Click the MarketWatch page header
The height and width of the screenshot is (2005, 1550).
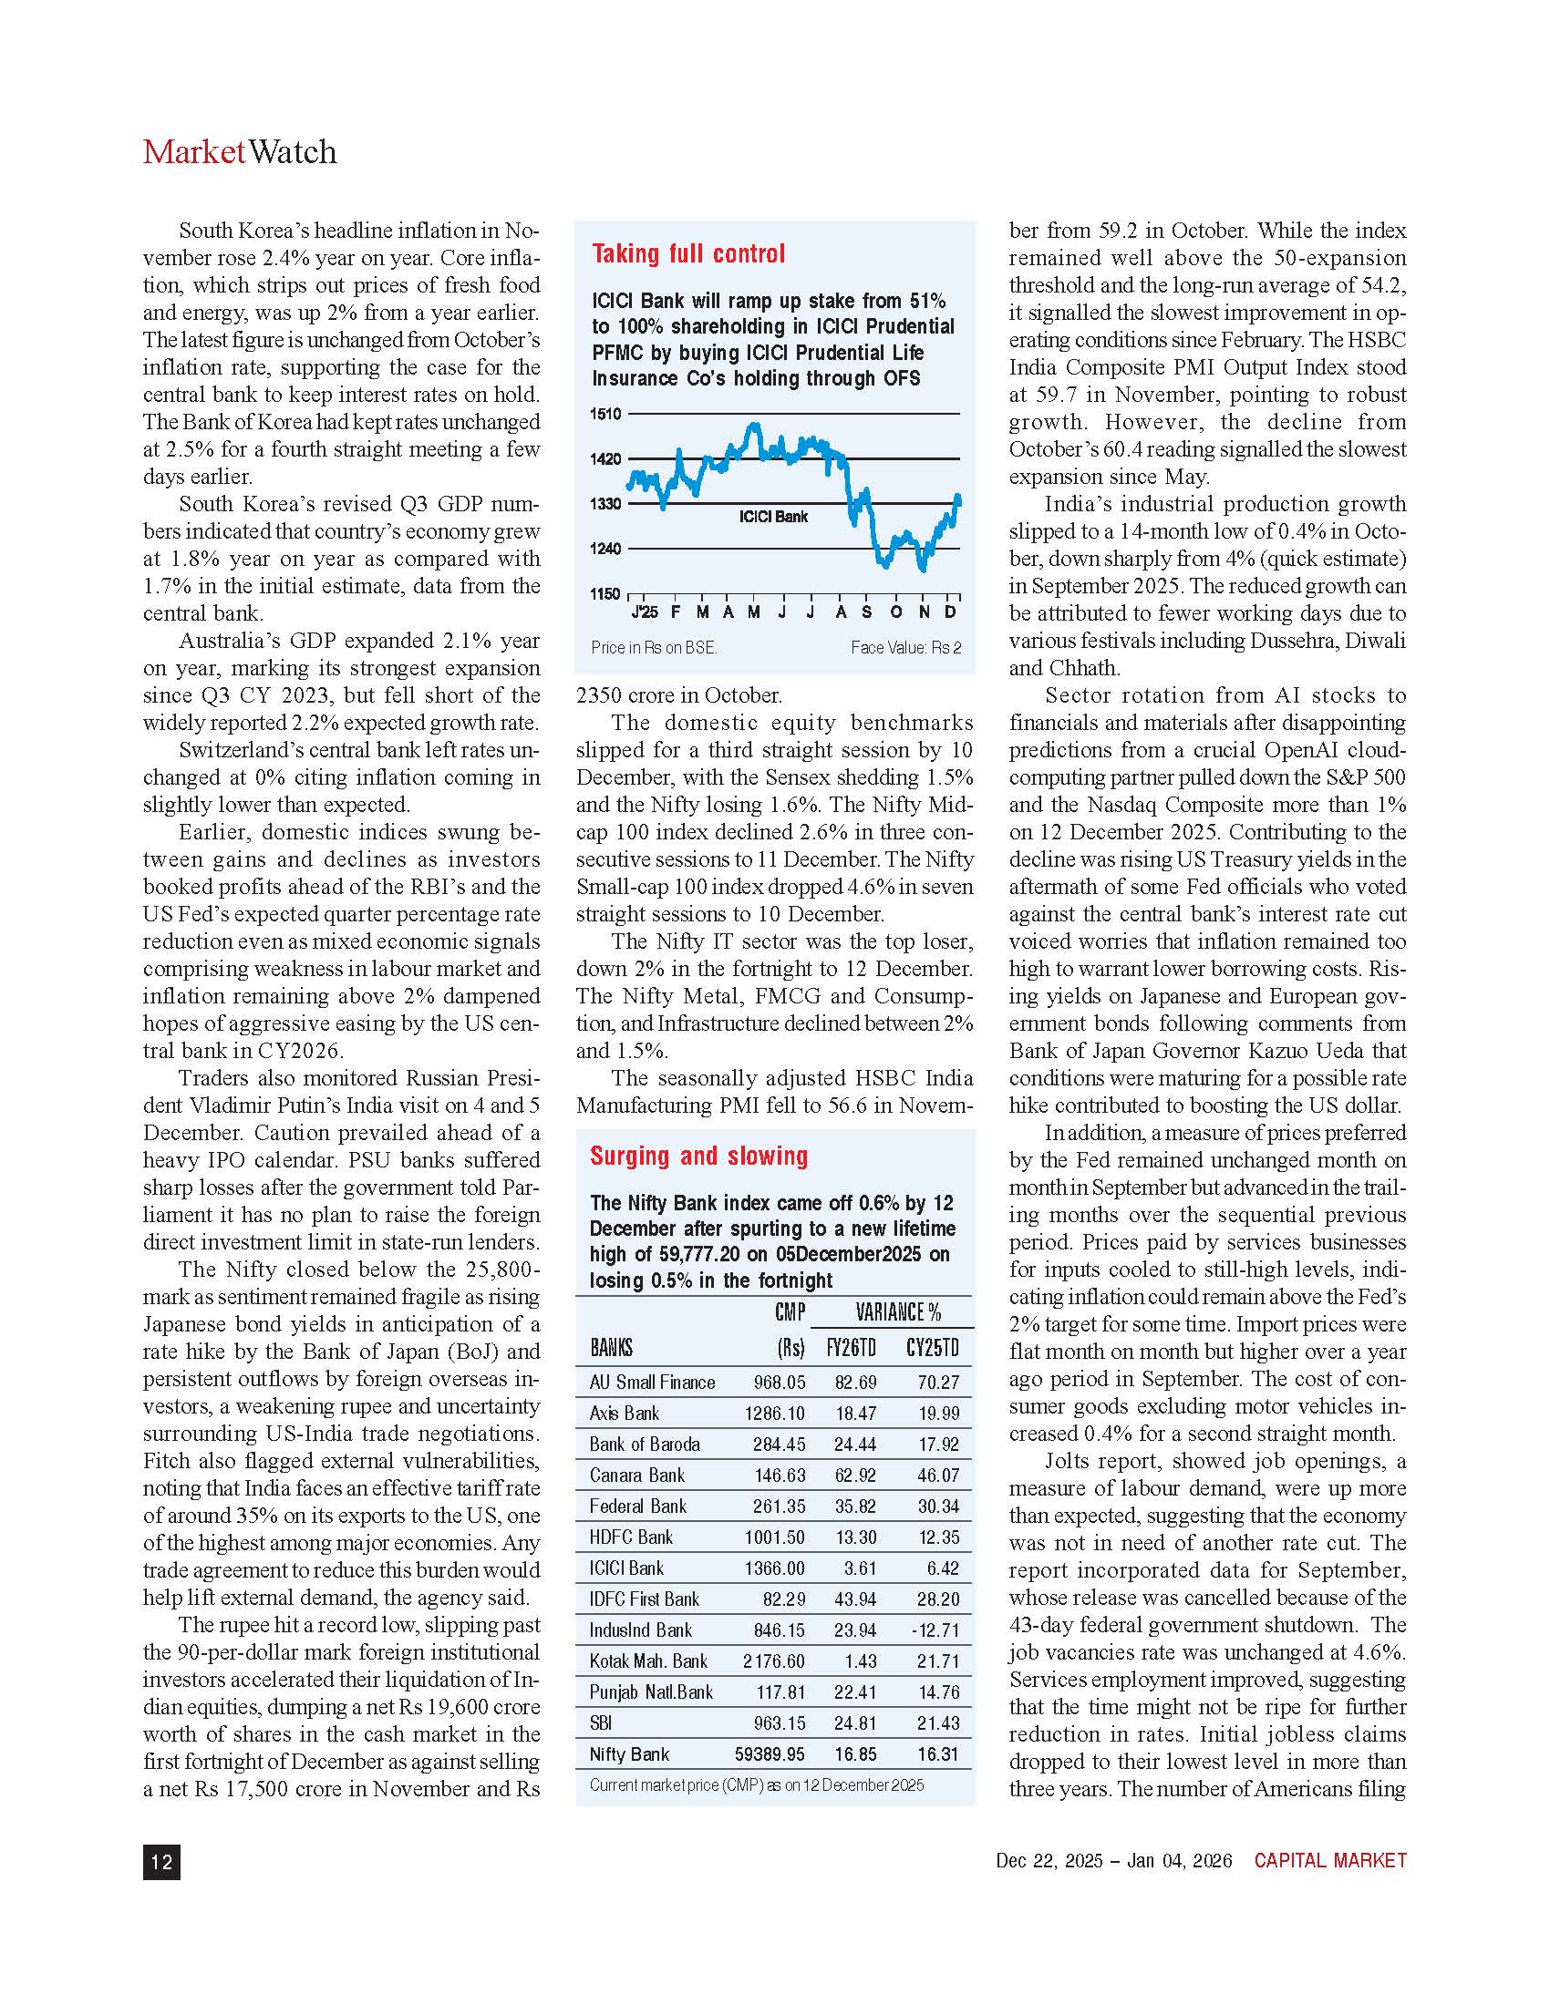pos(240,152)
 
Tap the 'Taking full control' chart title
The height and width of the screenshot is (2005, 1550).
pos(687,254)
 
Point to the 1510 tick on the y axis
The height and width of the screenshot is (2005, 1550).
pos(605,414)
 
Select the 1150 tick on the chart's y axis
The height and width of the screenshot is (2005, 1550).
pos(605,594)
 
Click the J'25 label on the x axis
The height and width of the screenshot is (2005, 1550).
pos(644,612)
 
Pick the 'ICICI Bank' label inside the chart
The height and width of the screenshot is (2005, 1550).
pos(773,517)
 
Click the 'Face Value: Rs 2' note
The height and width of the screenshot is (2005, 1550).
pos(905,648)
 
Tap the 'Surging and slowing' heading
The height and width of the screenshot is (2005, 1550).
pos(698,1156)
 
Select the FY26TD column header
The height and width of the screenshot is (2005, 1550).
pos(852,1348)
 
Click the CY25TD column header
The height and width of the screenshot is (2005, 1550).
pos(932,1348)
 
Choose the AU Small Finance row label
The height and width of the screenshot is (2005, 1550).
pos(652,1383)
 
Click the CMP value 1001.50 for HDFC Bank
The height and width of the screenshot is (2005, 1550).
pos(779,1537)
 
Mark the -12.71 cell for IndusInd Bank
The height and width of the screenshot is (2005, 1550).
pos(936,1630)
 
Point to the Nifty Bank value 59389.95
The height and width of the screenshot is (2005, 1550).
pos(770,1754)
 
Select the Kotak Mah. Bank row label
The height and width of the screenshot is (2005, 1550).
pos(648,1661)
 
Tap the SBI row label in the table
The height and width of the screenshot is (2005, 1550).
pos(601,1723)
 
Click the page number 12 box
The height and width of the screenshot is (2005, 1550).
pos(161,1861)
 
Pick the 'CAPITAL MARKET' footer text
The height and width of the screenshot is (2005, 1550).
pos(1329,1861)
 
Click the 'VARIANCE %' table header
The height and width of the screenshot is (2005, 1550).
pos(898,1311)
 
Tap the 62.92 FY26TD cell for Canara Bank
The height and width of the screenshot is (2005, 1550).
pos(854,1475)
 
